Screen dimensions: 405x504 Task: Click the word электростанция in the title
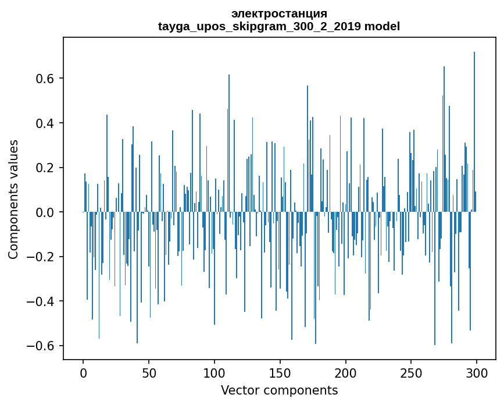[x=279, y=13]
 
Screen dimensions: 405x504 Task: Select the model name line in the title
[x=279, y=26]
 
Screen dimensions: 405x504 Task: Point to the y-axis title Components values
[x=13, y=199]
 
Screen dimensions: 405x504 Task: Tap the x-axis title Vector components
[x=279, y=390]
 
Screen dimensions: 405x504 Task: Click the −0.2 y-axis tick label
[x=42, y=257]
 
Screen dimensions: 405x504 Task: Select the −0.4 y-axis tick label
[x=42, y=301]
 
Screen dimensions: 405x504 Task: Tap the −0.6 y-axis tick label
[x=42, y=346]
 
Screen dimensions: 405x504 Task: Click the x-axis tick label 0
[x=83, y=372]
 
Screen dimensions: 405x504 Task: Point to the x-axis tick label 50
[x=149, y=372]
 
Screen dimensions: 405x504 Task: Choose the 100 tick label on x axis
[x=215, y=372]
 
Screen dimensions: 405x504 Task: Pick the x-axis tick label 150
[x=280, y=372]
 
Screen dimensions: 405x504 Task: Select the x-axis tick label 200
[x=345, y=372]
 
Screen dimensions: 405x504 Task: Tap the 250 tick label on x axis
[x=411, y=372]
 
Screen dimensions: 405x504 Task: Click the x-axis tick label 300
[x=477, y=372]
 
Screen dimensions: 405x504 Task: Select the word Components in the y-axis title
[x=13, y=227]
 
